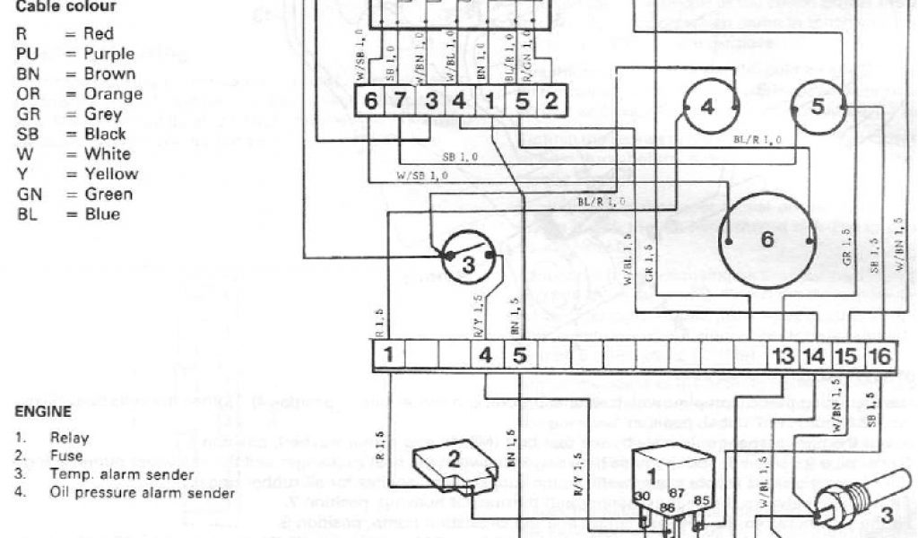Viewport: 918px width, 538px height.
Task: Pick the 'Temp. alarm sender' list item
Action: click(121, 474)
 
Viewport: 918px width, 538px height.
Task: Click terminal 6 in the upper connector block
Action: click(371, 101)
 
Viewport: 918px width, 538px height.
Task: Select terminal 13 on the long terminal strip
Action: click(784, 356)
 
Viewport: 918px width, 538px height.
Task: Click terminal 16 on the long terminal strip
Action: click(880, 356)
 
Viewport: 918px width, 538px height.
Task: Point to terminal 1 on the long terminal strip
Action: click(388, 355)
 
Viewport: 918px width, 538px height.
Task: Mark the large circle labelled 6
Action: click(767, 240)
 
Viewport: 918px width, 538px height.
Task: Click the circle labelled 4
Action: click(708, 107)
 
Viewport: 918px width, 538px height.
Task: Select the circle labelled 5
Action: click(818, 107)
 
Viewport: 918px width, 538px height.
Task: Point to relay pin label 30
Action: click(642, 497)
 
